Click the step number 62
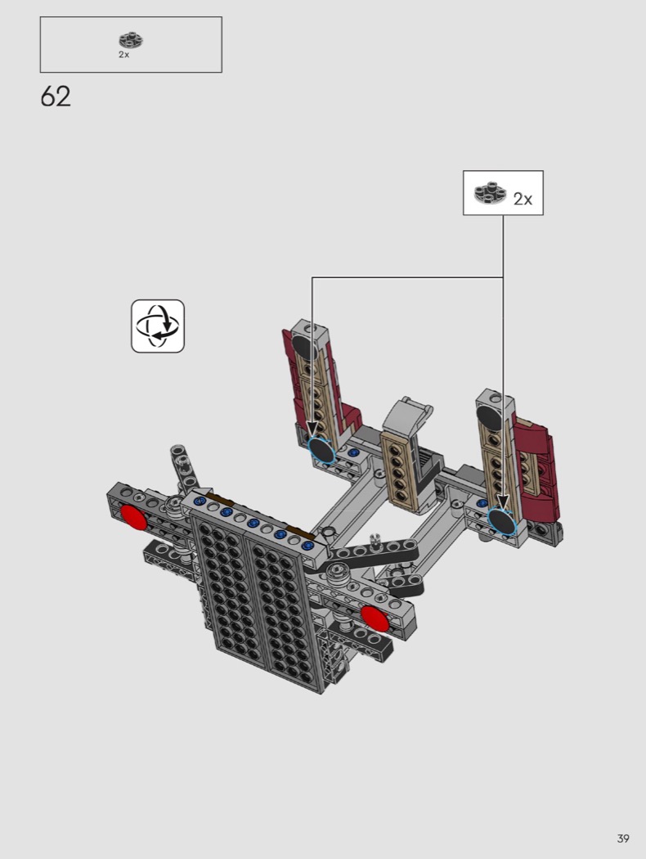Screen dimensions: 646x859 coord(56,97)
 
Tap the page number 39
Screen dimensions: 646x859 coord(622,839)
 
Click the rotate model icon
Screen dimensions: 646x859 coord(158,326)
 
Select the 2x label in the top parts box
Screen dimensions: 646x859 coord(123,55)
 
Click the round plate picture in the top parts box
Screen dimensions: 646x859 coord(131,41)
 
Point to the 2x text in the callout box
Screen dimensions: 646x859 coord(523,199)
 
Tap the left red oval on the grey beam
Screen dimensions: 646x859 coord(133,518)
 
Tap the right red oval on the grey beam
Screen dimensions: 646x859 coord(375,618)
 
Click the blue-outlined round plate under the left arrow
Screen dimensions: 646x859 coord(321,450)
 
